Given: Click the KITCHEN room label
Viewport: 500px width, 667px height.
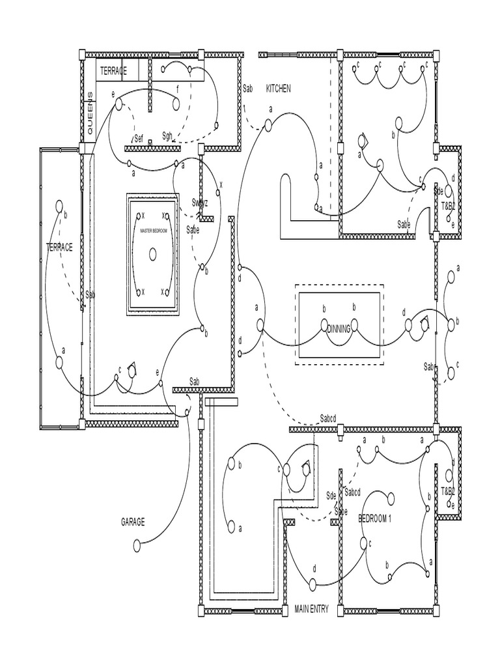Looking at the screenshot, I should [278, 89].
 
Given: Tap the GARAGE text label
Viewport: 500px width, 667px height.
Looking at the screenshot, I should [133, 522].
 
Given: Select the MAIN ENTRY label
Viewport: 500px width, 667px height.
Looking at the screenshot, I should [311, 610].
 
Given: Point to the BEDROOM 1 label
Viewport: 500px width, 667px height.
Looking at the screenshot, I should [374, 518].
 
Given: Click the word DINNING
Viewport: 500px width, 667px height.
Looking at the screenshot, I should [339, 329].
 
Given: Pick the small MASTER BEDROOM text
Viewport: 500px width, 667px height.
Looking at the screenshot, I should [154, 231].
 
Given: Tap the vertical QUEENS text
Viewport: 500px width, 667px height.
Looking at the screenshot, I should [90, 113].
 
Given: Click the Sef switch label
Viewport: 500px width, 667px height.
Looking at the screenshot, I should [139, 137].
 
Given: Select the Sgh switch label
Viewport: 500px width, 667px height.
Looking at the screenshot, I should [167, 135].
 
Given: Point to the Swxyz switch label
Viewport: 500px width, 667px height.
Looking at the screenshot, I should [199, 203].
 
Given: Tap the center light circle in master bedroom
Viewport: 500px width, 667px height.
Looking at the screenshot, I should [153, 253].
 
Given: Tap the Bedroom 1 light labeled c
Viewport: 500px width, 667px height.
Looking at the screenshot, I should [364, 543].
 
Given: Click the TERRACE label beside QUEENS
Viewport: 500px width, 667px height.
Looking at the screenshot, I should [113, 70].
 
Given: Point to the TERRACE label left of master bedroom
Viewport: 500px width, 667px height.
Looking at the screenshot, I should [59, 247].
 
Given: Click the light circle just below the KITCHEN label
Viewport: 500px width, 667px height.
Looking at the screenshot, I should [268, 124].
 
